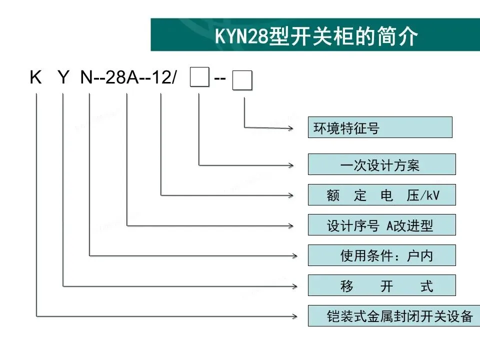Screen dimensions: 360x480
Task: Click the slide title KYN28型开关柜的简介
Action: click(x=315, y=36)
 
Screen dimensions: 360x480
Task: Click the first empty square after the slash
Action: click(x=199, y=79)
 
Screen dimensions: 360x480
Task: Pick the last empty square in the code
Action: click(x=243, y=80)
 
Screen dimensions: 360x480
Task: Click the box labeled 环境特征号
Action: click(x=380, y=127)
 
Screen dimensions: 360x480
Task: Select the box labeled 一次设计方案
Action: click(x=381, y=164)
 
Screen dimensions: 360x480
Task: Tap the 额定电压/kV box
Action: click(x=381, y=195)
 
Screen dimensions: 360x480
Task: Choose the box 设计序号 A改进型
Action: click(x=381, y=225)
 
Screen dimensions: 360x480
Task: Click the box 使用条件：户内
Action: click(x=381, y=255)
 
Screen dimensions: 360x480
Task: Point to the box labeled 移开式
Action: click(x=381, y=285)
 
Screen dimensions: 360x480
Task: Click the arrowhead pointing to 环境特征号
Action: click(x=290, y=127)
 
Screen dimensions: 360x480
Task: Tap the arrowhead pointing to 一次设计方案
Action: click(x=290, y=164)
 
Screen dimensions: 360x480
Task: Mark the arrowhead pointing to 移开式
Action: click(x=290, y=286)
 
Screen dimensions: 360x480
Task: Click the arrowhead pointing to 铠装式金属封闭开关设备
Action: click(x=290, y=315)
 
